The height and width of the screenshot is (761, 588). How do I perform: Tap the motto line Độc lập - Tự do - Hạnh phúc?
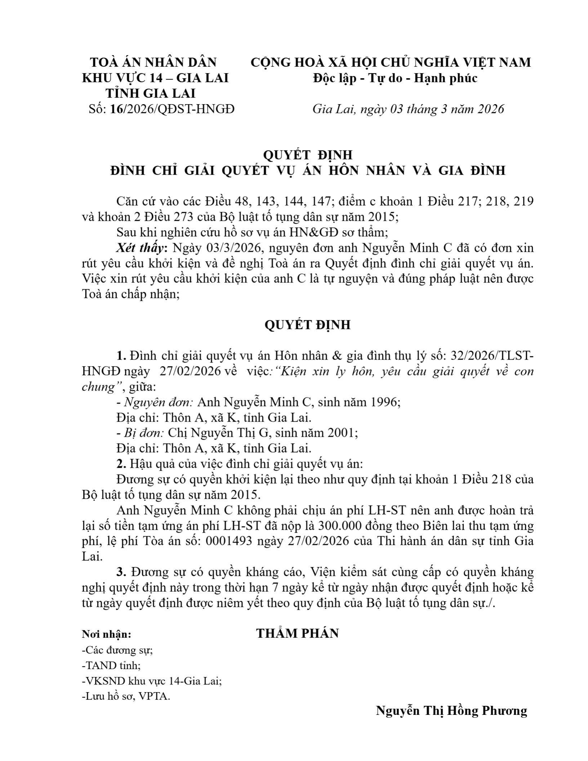(395, 78)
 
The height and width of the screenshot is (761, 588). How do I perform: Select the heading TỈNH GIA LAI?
(150, 93)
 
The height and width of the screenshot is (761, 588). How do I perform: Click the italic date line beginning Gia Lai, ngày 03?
(408, 109)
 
